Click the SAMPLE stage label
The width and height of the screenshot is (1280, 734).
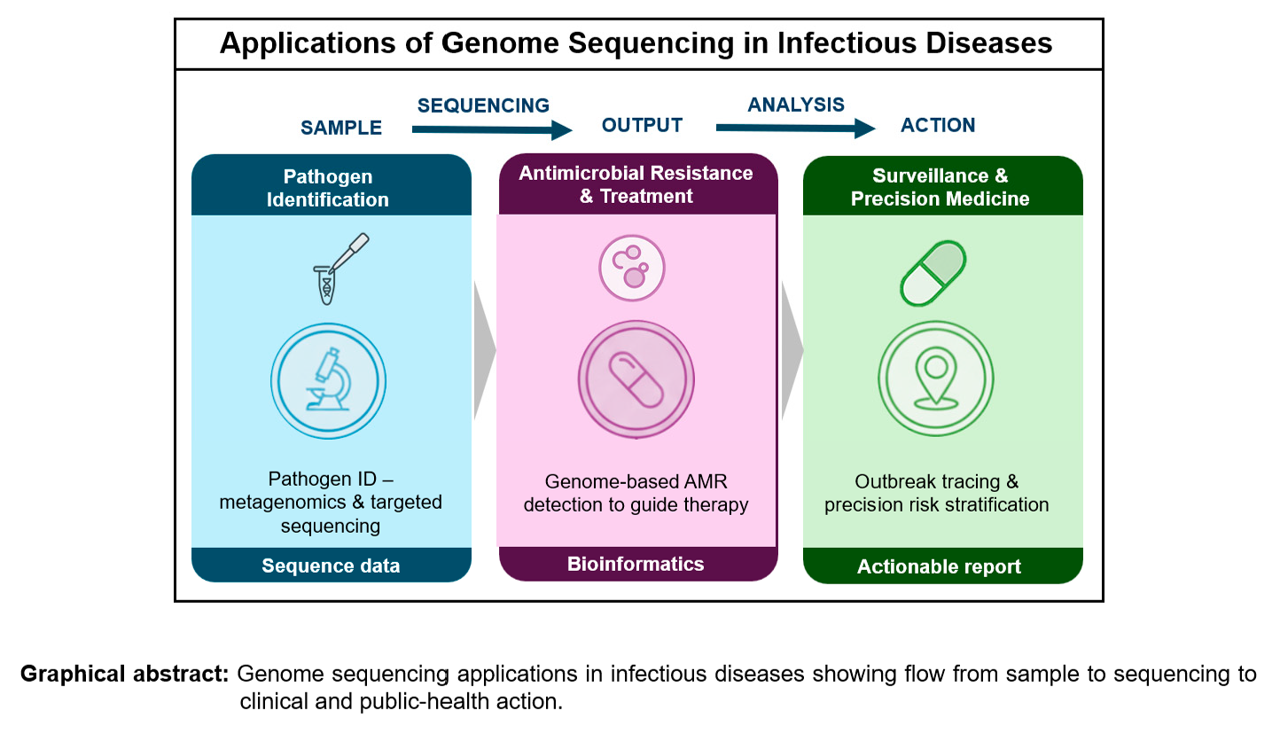pos(341,128)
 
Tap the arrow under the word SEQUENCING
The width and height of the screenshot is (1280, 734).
pos(493,131)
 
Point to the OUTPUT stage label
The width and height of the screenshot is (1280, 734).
pos(642,125)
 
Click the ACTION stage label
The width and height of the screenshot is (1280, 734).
pos(938,125)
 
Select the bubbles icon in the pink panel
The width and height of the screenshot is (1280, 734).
pos(633,265)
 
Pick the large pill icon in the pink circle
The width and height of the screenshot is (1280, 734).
pos(633,380)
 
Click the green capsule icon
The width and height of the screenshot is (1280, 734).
pos(933,272)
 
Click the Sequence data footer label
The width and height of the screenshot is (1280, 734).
pos(331,566)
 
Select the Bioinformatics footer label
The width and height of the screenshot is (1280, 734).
pos(636,564)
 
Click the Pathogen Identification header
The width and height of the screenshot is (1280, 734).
pos(328,188)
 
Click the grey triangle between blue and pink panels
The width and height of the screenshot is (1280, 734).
pos(484,351)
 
